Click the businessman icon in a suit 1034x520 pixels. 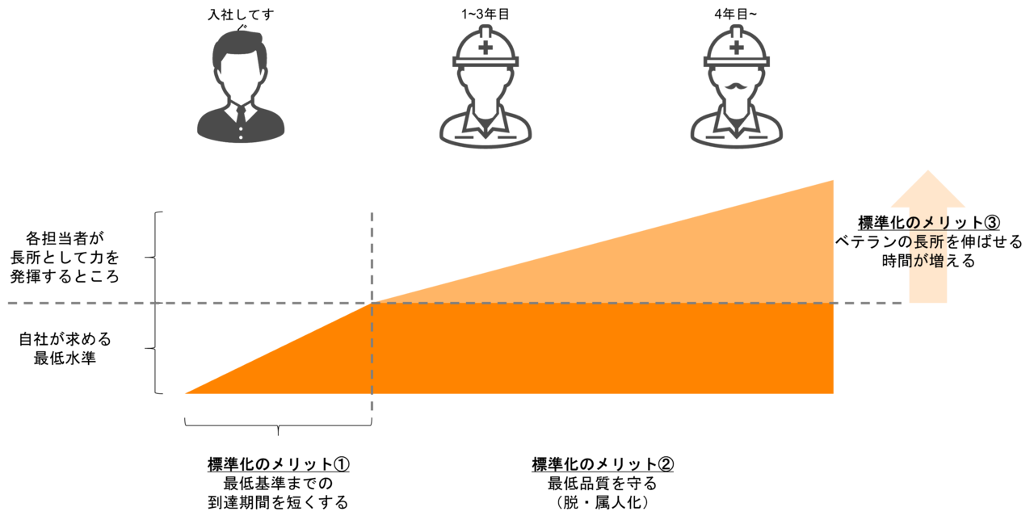241,89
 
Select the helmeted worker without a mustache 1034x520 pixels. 485,89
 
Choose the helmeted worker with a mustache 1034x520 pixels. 736,89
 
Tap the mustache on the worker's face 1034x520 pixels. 736,86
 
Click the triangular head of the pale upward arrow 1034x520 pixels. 928,190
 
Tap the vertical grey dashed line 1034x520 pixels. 372,242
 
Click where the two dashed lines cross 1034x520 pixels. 372,304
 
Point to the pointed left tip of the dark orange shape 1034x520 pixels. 185,393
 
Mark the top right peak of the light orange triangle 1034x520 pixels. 834,180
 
